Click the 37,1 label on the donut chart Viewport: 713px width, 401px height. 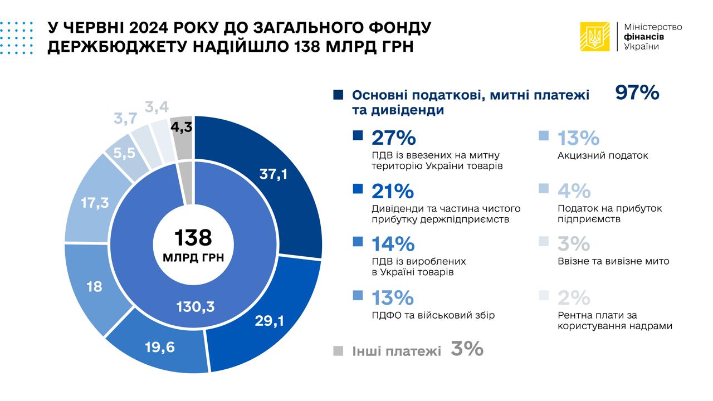tap(274, 175)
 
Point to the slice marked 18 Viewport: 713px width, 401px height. tap(94, 287)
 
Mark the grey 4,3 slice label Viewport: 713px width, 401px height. tap(182, 127)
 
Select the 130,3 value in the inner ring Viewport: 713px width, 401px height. tap(196, 306)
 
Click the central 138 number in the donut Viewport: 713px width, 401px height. tap(193, 237)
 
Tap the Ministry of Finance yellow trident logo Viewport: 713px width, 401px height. tap(595, 37)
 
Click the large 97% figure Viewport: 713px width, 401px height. tap(637, 93)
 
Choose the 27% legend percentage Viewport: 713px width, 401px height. tap(393, 138)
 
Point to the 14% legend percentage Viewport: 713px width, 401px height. tap(393, 244)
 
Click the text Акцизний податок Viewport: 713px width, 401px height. tap(603, 155)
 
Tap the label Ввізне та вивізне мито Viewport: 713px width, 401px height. tap(613, 261)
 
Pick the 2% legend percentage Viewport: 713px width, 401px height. tap(573, 297)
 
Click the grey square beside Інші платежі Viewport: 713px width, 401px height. tap(338, 350)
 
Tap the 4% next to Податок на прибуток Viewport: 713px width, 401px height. tap(574, 191)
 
